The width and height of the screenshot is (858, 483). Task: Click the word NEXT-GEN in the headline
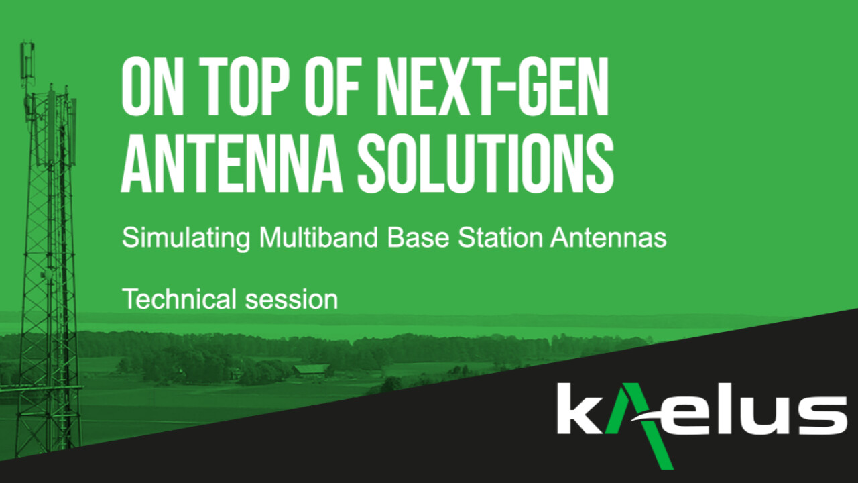pos(492,87)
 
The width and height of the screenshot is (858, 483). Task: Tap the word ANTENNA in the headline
pos(232,162)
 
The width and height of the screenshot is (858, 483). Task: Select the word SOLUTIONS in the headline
pos(486,163)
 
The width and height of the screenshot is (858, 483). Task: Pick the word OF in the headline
pos(334,87)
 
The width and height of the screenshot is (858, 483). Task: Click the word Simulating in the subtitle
pos(186,238)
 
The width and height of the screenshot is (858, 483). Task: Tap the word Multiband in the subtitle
pos(318,237)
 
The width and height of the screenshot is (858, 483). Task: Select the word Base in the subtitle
pos(418,237)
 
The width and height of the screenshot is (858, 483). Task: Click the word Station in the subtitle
pos(501,237)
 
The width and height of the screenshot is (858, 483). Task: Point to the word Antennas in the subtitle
pos(609,237)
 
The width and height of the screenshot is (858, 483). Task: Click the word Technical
pos(179,299)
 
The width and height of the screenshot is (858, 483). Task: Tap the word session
pos(292,301)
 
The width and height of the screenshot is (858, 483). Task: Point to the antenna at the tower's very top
pos(27,60)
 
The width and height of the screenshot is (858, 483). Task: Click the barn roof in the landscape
pos(311,368)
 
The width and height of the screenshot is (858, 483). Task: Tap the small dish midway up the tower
pos(48,274)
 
